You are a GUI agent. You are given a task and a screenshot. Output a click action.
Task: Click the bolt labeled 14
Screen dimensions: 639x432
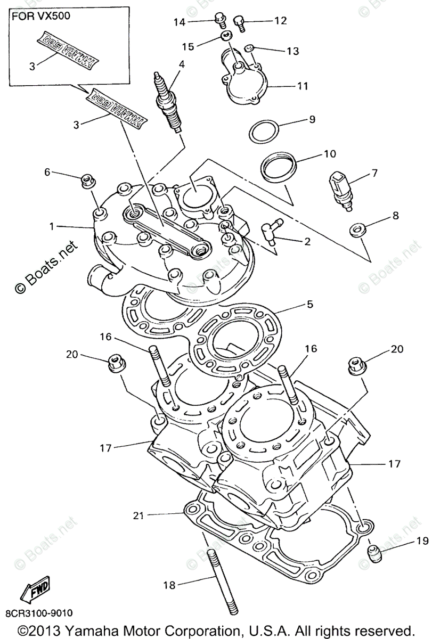point(218,20)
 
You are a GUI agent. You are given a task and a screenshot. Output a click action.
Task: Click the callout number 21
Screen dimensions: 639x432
point(138,515)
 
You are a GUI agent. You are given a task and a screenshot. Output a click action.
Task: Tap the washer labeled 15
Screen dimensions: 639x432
point(226,37)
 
